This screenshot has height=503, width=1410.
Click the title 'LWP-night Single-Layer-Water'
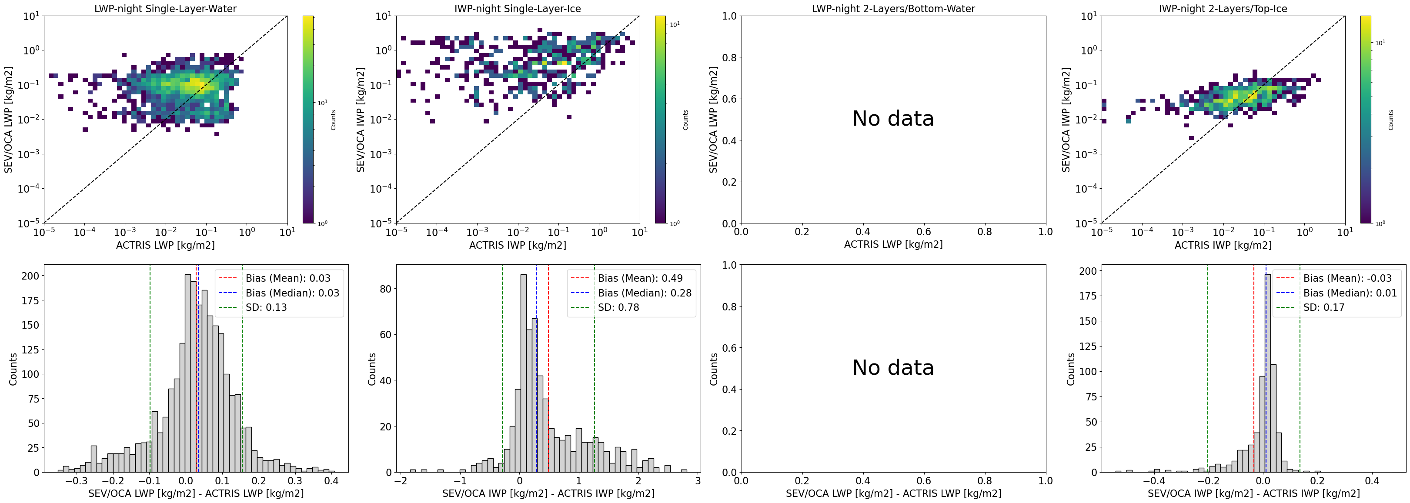pyautogui.click(x=165, y=8)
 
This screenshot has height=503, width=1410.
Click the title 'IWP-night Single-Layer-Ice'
pyautogui.click(x=517, y=8)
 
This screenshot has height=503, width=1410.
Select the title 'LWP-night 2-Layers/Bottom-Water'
pyautogui.click(x=893, y=8)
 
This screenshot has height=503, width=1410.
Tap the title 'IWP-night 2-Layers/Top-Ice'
pyautogui.click(x=1223, y=8)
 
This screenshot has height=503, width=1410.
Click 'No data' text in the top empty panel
pyautogui.click(x=893, y=119)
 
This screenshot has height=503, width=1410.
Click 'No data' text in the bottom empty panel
pyautogui.click(x=893, y=367)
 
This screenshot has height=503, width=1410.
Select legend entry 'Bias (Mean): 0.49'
pyautogui.click(x=640, y=278)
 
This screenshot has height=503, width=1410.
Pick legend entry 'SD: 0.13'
pyautogui.click(x=266, y=307)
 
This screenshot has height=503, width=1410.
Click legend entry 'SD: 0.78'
pyautogui.click(x=618, y=307)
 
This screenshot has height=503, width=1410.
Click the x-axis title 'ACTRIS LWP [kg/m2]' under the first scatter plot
pyautogui.click(x=165, y=245)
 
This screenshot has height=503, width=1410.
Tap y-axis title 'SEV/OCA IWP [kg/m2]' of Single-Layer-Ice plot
pyautogui.click(x=360, y=119)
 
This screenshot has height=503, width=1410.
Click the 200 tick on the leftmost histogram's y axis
pyautogui.click(x=30, y=276)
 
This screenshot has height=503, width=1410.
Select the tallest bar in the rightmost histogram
pyautogui.click(x=1267, y=372)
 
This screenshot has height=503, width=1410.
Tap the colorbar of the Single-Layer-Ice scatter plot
pyautogui.click(x=660, y=119)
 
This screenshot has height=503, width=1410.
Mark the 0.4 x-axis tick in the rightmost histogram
pyautogui.click(x=1371, y=481)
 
